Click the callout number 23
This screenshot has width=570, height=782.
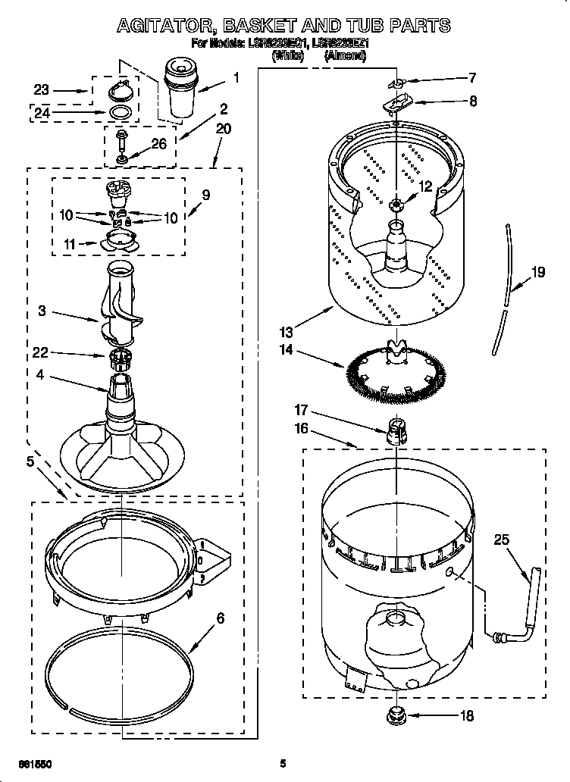41,89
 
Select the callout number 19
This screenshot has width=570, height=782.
538,273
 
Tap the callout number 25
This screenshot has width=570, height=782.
502,540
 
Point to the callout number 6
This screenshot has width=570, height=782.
220,618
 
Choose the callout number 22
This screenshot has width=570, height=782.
41,352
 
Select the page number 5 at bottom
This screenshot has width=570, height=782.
282,763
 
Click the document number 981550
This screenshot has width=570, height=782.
36,763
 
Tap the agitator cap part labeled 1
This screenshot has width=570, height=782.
181,89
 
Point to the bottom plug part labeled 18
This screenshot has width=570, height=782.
396,714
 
